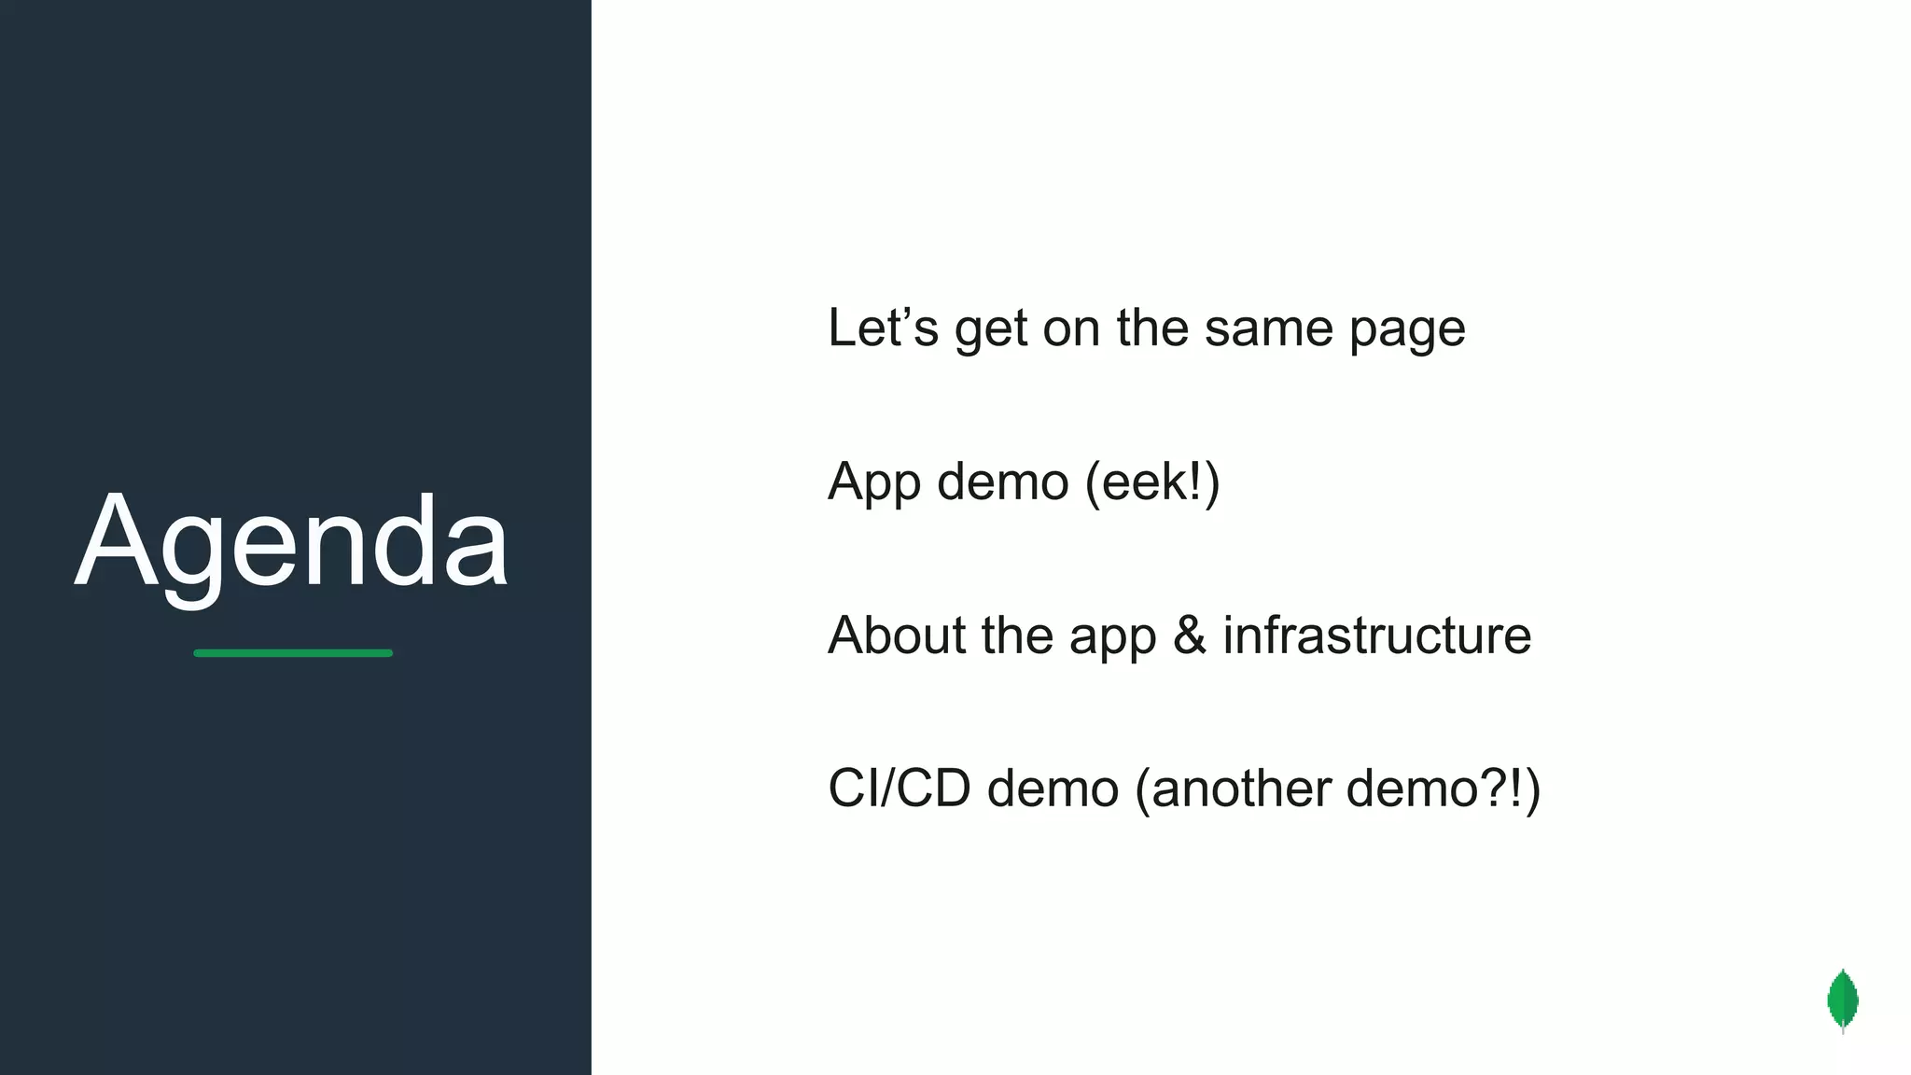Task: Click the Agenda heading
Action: [291, 543]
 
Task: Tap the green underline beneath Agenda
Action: [293, 653]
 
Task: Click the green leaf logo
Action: [1842, 1000]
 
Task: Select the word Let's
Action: [882, 328]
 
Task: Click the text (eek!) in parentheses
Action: [1152, 482]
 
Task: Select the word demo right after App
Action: [1002, 482]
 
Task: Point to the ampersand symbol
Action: [1189, 636]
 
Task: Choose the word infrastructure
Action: [1377, 636]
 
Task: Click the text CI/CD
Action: [899, 789]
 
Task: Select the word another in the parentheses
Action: [1241, 789]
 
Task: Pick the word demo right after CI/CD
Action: [1053, 789]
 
